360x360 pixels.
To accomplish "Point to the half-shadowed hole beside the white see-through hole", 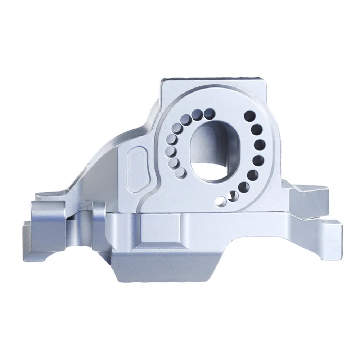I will (233, 195).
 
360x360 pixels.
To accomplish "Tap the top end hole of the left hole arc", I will (208, 114).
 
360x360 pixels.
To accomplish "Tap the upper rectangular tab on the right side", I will (310, 200).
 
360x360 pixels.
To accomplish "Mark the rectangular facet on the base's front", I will (158, 230).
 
